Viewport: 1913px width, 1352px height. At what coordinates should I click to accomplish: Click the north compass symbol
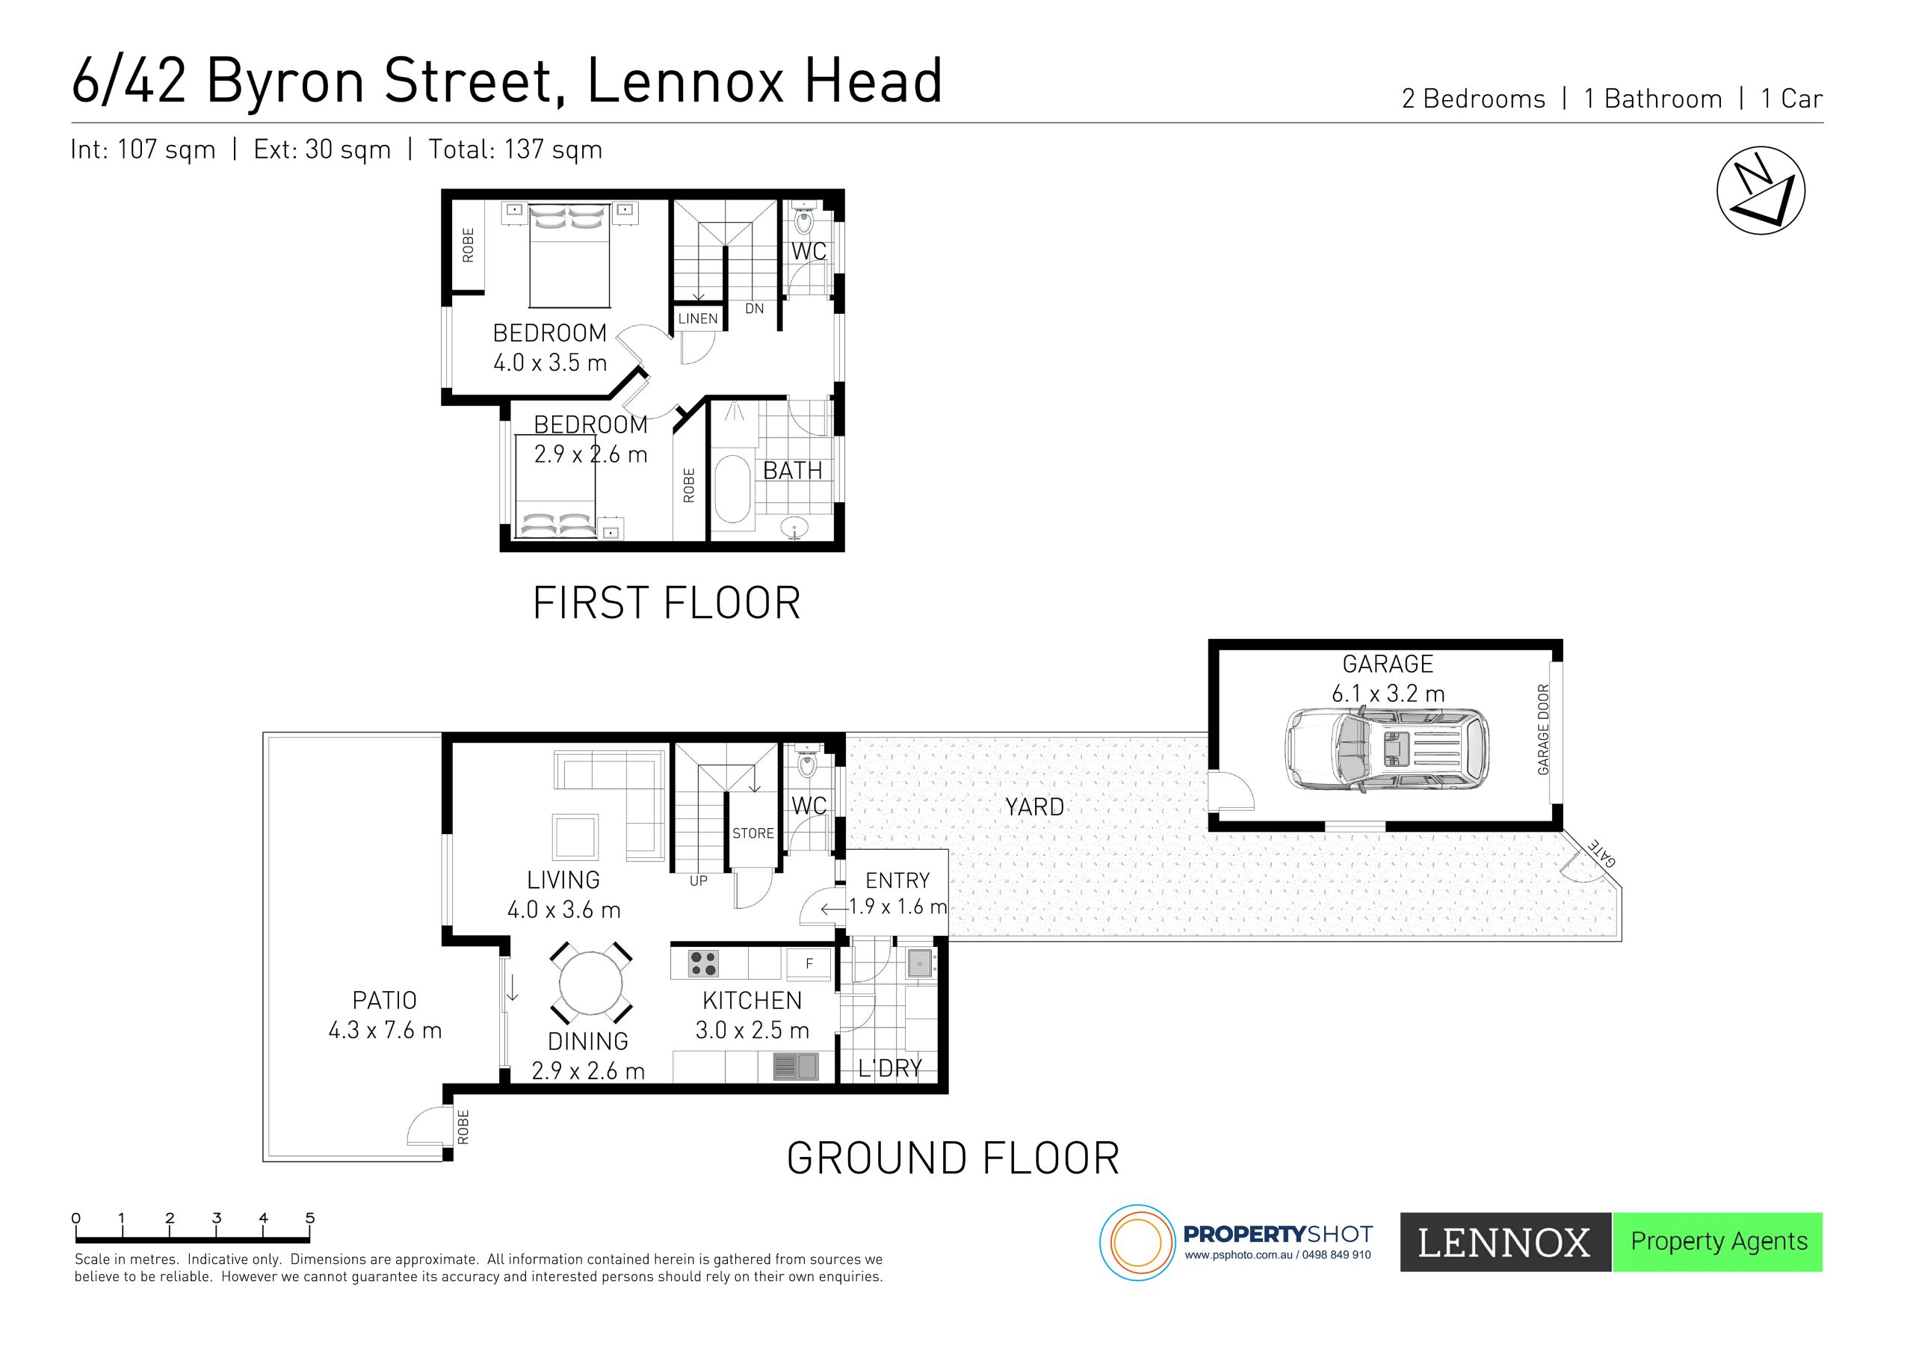[1761, 191]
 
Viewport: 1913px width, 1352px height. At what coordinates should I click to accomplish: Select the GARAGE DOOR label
[1543, 729]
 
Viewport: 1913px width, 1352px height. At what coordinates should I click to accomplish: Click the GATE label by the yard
[1602, 852]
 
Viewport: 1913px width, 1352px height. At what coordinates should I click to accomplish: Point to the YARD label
[1034, 807]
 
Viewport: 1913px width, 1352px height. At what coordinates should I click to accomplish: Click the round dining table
[591, 984]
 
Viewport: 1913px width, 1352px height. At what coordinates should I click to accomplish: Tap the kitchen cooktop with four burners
[703, 963]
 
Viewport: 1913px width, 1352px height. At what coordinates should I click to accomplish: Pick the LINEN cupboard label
[697, 318]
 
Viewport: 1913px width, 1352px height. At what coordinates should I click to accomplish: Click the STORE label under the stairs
[753, 833]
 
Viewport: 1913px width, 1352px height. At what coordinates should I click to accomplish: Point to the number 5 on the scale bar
[310, 1217]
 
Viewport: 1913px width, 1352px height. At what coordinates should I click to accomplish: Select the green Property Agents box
[1718, 1242]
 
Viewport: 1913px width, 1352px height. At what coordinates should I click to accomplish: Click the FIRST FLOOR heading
[667, 603]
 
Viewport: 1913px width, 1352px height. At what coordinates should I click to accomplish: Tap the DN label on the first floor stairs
[754, 309]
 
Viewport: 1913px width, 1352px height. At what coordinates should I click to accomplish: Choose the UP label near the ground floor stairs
[698, 881]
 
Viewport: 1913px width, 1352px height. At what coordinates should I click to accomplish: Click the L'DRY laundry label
[890, 1069]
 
